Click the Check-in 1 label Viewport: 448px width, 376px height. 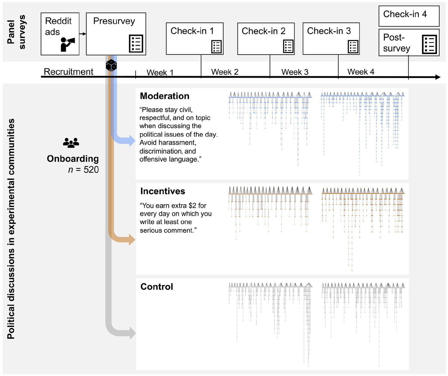point(192,31)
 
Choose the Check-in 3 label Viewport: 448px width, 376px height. point(329,31)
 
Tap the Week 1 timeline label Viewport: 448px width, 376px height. point(160,72)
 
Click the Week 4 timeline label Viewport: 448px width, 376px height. point(361,72)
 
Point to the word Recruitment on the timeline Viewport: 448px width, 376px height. point(68,72)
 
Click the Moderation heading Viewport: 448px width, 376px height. point(165,96)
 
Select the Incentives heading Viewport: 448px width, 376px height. point(162,192)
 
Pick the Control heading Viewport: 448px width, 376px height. point(156,287)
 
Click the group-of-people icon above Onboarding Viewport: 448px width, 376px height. point(71,142)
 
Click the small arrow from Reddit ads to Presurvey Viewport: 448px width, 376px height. point(83,34)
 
